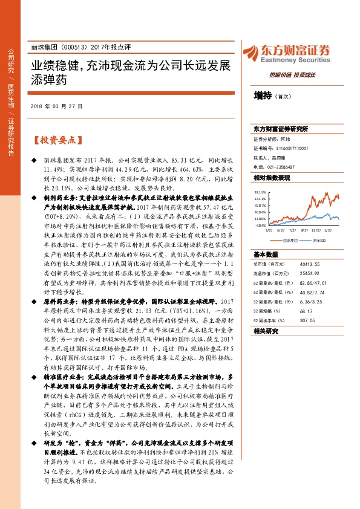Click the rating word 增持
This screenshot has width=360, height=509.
[x=263, y=95]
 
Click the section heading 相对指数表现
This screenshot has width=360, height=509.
[x=272, y=178]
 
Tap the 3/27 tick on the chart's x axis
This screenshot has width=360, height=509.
[x=268, y=230]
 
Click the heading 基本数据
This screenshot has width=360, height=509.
[x=264, y=254]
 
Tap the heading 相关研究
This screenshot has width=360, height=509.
[x=264, y=331]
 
